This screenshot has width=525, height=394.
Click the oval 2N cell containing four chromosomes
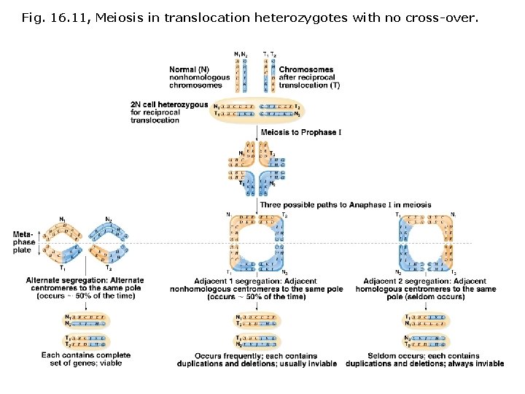click(257, 109)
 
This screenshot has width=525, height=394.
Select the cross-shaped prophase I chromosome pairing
click(257, 170)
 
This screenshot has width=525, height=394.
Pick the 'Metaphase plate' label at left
click(23, 242)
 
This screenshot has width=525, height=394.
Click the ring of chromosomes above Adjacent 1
click(256, 244)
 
